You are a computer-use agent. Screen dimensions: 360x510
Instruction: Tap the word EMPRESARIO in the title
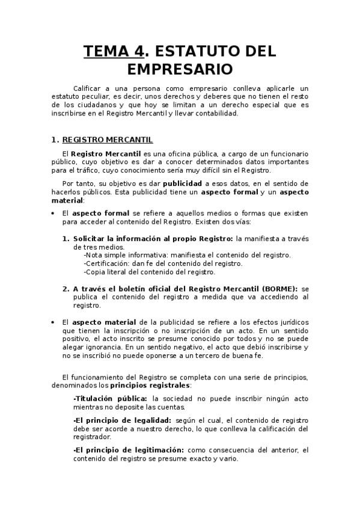pos(180,68)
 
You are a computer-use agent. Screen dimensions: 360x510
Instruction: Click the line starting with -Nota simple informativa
pos(188,255)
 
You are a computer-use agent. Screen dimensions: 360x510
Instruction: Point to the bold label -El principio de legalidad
pos(121,420)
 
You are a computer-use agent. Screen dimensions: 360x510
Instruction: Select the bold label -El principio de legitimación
pos(128,450)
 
